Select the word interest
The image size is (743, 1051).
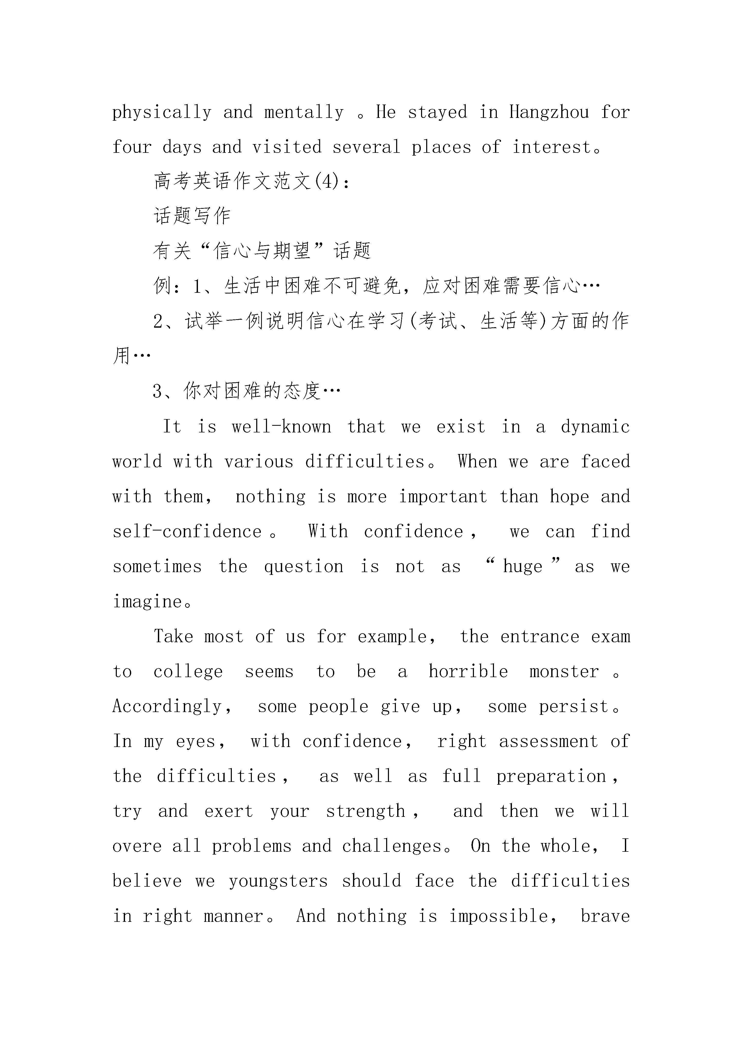point(552,147)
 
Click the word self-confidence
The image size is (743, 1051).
point(187,532)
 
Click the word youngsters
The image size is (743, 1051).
point(278,881)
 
